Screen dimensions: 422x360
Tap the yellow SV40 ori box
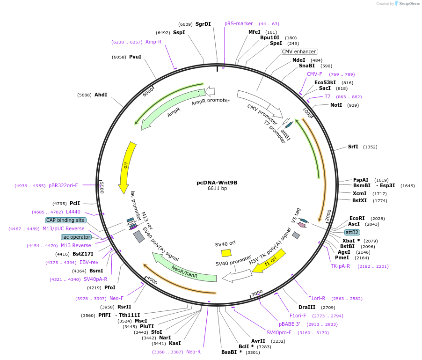pos(226,253)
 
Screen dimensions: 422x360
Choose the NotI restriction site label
pos(336,105)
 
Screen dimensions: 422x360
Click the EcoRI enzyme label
pos(357,218)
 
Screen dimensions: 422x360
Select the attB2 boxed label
pos(352,232)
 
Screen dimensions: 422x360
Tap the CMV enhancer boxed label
pos(299,51)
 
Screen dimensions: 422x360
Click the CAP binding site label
pos(65,220)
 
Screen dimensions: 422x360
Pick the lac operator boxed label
pos(76,237)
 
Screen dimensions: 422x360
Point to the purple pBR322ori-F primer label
pos(63,185)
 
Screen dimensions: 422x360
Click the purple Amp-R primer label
pos(153,42)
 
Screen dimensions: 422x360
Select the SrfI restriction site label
pos(353,147)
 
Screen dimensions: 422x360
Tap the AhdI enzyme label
pos(101,95)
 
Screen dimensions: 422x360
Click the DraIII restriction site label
pos(307,307)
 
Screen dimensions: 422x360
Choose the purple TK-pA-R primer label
pos(340,266)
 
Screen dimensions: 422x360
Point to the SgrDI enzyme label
pos(203,24)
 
